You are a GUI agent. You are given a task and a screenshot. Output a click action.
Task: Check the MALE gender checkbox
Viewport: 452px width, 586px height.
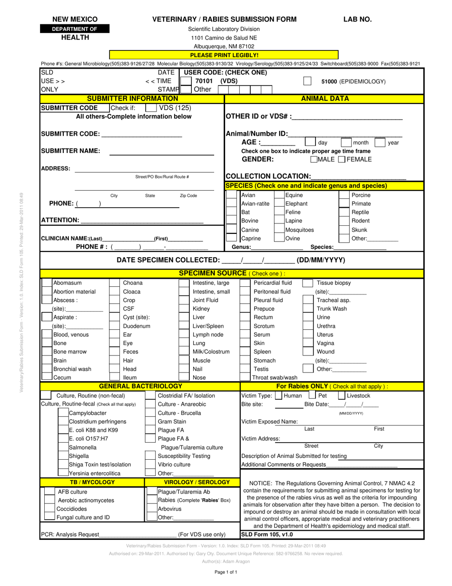click(314, 160)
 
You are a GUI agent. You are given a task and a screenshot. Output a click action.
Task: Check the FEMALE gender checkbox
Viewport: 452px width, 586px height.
click(342, 160)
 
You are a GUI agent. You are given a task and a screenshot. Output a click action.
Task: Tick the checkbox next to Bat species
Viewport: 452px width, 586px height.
click(232, 212)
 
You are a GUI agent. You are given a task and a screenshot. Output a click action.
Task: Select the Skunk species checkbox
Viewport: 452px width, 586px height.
click(344, 229)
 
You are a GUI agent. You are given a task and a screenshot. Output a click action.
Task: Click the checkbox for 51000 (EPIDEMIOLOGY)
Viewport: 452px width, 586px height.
click(307, 81)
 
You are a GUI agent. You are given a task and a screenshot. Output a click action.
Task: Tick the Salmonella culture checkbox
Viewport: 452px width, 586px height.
click(63, 447)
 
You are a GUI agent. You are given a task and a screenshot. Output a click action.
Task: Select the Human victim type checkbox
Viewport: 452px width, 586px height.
click(279, 395)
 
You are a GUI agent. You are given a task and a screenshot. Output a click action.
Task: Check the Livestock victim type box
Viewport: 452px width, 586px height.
click(341, 395)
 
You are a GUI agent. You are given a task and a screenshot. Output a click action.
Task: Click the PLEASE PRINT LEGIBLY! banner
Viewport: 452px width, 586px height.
click(224, 55)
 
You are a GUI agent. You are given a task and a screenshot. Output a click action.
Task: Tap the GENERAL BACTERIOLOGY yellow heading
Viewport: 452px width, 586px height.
click(140, 386)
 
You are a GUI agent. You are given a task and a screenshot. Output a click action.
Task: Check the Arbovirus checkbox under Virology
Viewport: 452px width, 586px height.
click(151, 508)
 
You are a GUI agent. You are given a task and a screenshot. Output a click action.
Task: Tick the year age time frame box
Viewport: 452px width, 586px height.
click(380, 142)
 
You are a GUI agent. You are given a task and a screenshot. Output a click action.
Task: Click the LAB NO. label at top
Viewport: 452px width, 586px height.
click(358, 20)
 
